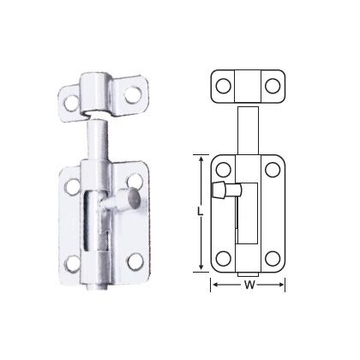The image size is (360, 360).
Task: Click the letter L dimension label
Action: (x=201, y=211)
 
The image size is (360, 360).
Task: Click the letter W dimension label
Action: (x=249, y=285)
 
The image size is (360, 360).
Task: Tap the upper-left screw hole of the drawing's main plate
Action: (x=223, y=170)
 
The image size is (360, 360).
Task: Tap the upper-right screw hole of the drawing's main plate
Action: (x=273, y=170)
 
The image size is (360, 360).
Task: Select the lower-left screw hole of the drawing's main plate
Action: (x=223, y=259)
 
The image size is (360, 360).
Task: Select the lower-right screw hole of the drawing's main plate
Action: (x=273, y=259)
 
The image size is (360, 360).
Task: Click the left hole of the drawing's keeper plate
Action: (x=223, y=86)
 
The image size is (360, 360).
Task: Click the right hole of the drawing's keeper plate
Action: (x=273, y=86)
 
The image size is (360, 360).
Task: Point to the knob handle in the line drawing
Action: (x=226, y=189)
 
